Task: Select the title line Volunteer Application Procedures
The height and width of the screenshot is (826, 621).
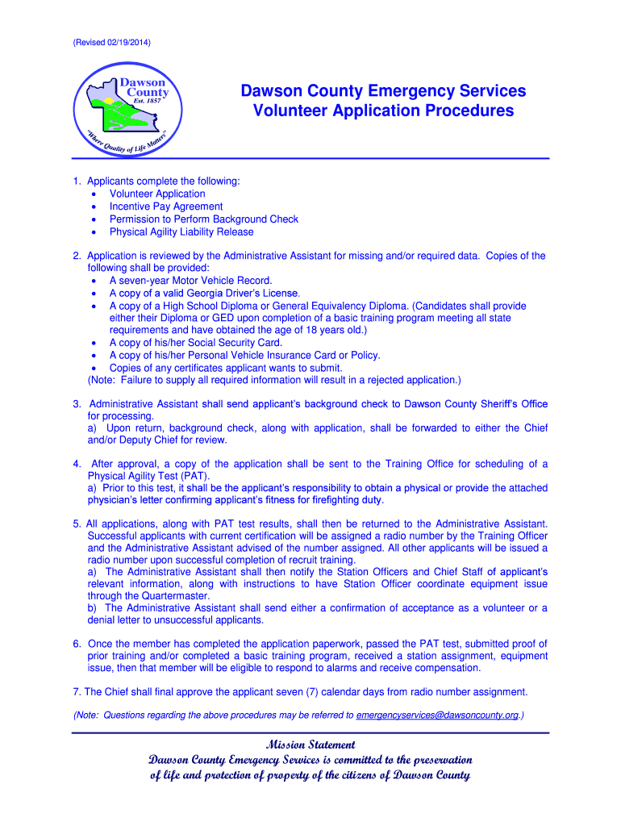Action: pyautogui.click(x=383, y=111)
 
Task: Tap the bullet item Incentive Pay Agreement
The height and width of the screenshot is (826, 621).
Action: pyautogui.click(x=166, y=206)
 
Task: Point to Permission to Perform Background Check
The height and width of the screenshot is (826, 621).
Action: pyautogui.click(x=203, y=219)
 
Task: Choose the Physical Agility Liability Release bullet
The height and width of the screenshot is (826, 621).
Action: pyautogui.click(x=181, y=232)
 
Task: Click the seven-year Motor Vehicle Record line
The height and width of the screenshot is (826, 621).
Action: pyautogui.click(x=190, y=281)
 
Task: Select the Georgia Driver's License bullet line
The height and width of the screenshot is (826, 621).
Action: pyautogui.click(x=205, y=294)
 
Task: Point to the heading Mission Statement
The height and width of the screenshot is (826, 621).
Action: pyautogui.click(x=310, y=745)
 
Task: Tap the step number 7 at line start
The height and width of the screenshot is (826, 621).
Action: pyautogui.click(x=76, y=692)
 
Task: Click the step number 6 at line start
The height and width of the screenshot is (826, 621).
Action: pyautogui.click(x=76, y=644)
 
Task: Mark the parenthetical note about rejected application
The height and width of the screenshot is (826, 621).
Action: pyautogui.click(x=274, y=380)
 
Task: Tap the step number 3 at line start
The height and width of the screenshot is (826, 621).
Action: pyautogui.click(x=77, y=404)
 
